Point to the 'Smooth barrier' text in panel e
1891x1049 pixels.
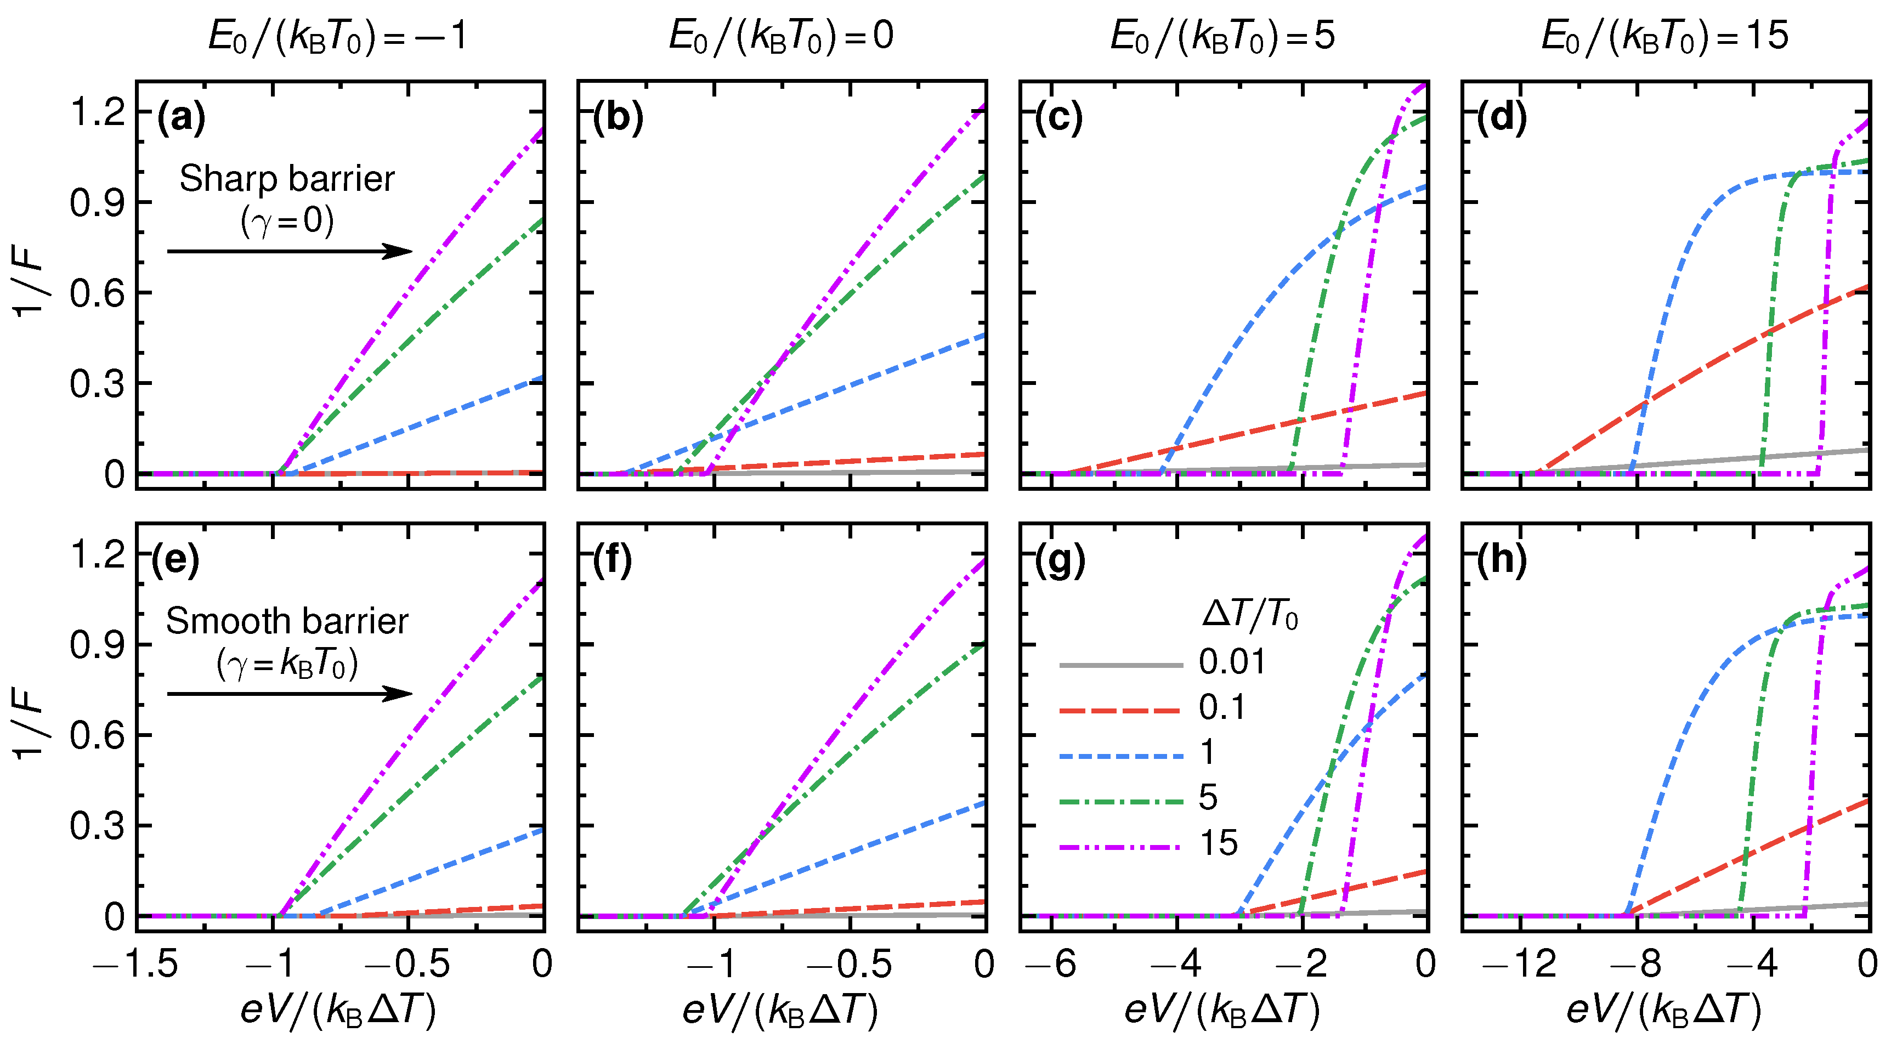pyautogui.click(x=286, y=621)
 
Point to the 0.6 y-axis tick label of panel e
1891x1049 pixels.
pyautogui.click(x=98, y=735)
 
